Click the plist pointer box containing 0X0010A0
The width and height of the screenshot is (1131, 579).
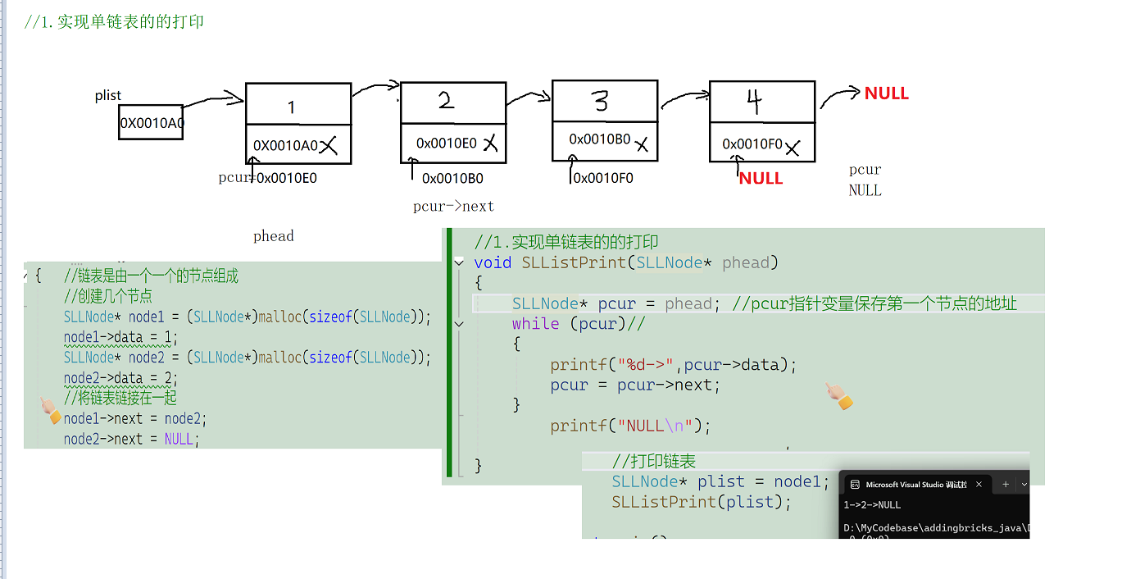click(x=151, y=123)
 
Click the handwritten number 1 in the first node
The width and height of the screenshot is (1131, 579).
click(x=292, y=107)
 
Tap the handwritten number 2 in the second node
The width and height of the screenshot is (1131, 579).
click(x=446, y=101)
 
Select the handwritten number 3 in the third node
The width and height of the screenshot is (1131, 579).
click(x=601, y=102)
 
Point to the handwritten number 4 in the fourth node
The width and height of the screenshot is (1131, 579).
click(x=755, y=102)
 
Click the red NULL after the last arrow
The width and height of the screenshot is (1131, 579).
click(x=886, y=93)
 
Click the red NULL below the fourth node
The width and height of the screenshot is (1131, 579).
click(x=761, y=178)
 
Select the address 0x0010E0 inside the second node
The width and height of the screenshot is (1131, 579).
click(x=446, y=144)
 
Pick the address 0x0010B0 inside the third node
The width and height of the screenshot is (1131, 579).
click(x=600, y=139)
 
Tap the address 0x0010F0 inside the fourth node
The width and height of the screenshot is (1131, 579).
click(x=752, y=144)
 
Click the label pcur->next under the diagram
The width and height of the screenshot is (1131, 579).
click(x=453, y=207)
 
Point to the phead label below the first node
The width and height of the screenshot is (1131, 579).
click(x=273, y=236)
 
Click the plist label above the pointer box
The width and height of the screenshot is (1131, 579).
click(x=108, y=96)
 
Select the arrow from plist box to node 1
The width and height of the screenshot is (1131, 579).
click(x=213, y=101)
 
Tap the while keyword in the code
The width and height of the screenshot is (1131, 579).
click(x=535, y=324)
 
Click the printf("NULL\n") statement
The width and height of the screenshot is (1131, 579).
click(x=630, y=426)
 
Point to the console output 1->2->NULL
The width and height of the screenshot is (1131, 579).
click(x=872, y=505)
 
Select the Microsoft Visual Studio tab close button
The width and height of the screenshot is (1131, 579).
click(x=979, y=485)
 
